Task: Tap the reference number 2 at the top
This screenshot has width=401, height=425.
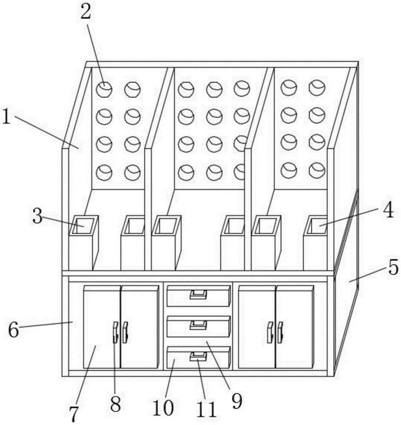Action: tap(86, 12)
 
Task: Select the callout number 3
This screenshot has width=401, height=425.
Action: tap(38, 217)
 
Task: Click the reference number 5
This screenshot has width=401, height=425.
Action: tap(392, 268)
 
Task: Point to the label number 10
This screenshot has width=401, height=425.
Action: tap(163, 408)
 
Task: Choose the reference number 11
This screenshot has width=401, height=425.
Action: tap(206, 410)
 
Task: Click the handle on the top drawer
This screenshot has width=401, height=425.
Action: tap(199, 294)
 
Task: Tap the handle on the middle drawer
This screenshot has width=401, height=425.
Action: tap(199, 325)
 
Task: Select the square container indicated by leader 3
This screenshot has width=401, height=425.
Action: tap(83, 225)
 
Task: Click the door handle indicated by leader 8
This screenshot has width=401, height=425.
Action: tap(115, 332)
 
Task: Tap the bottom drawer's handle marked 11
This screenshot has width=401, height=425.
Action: tap(198, 356)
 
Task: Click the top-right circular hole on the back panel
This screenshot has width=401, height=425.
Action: tap(316, 88)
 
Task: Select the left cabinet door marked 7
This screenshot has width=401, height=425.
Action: tap(101, 327)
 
